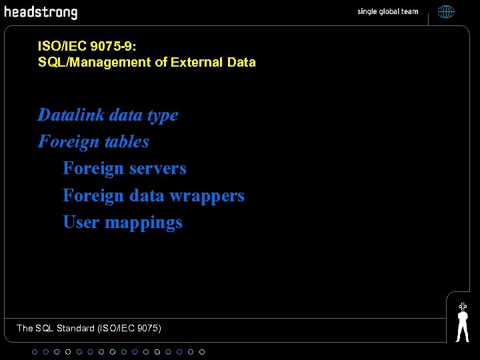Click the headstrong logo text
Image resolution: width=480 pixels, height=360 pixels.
point(41,12)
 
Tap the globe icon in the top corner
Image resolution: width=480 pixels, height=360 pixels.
point(446,11)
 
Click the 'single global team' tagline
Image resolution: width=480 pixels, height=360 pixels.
point(387,11)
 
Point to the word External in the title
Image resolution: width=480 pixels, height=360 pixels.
point(198,62)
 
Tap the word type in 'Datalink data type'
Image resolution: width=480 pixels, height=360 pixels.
point(163,116)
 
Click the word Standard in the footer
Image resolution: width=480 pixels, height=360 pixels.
point(75,328)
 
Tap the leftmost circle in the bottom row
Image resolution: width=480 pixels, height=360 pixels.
point(35,351)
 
